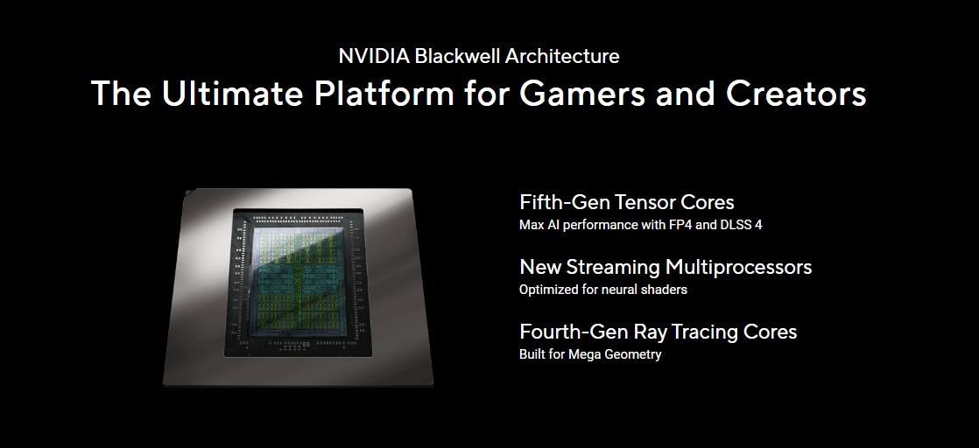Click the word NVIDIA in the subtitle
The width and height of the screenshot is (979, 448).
(x=374, y=56)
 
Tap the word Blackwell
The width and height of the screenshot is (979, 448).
(x=457, y=56)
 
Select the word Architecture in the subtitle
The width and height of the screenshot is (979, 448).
(x=562, y=56)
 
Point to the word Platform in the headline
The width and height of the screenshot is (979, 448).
(x=384, y=93)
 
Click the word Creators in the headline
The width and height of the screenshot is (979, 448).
(x=795, y=94)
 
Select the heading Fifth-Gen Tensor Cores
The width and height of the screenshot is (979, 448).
(x=627, y=201)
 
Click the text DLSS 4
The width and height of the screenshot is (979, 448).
(x=741, y=225)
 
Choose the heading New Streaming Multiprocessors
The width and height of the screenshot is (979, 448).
(x=666, y=267)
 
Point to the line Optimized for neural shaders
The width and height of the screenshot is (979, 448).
(x=603, y=290)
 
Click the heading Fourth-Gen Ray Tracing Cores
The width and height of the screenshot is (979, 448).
(x=659, y=332)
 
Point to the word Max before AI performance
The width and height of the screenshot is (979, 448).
(x=532, y=225)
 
